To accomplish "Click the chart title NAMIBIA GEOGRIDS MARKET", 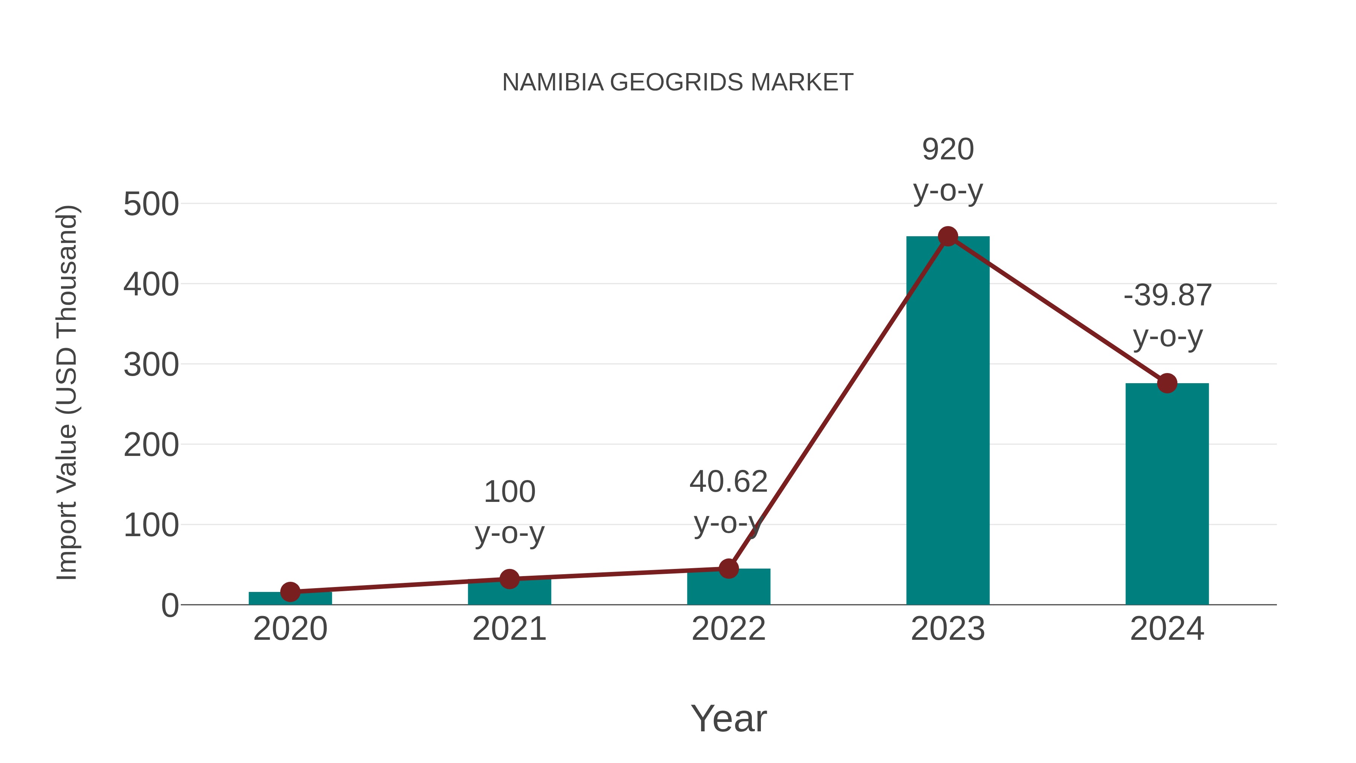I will (678, 83).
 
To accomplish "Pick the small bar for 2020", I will (290, 599).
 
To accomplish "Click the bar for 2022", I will (728, 587).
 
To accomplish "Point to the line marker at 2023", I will (948, 236).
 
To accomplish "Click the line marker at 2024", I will (1167, 383).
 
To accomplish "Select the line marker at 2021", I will (509, 579).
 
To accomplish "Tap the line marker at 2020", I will (290, 592).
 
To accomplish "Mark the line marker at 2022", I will (728, 569).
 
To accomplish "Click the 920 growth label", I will (948, 150).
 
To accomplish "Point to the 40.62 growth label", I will (728, 482).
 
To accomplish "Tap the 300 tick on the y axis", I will (151, 365).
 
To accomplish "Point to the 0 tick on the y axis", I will (169, 606).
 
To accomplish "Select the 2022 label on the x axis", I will (728, 629).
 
